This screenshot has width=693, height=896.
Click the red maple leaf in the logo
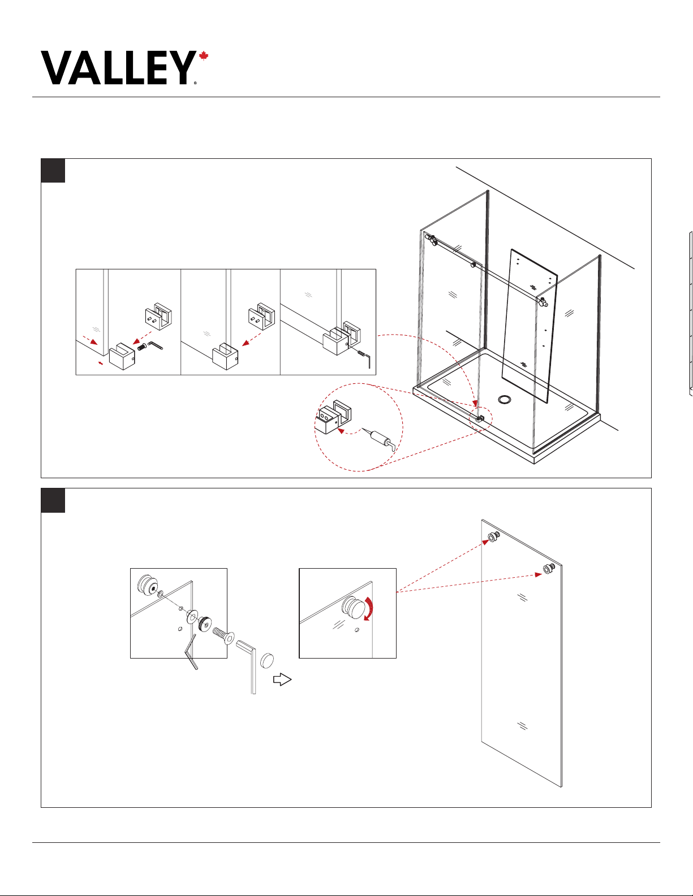204,56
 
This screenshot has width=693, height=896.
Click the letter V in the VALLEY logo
57,68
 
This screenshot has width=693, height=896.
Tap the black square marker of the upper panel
53,170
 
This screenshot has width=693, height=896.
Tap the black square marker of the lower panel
53,500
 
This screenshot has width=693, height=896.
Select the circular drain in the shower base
505,399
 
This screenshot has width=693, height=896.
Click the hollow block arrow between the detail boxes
282,679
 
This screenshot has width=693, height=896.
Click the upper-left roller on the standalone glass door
494,537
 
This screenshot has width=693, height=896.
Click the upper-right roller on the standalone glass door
549,569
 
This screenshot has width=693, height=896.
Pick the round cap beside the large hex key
267,661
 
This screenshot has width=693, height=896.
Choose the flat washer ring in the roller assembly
192,616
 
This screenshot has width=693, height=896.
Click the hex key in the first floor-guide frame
155,345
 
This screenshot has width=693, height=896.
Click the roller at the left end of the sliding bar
432,239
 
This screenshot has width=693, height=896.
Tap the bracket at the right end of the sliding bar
543,302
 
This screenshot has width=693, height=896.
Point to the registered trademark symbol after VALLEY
195,83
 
